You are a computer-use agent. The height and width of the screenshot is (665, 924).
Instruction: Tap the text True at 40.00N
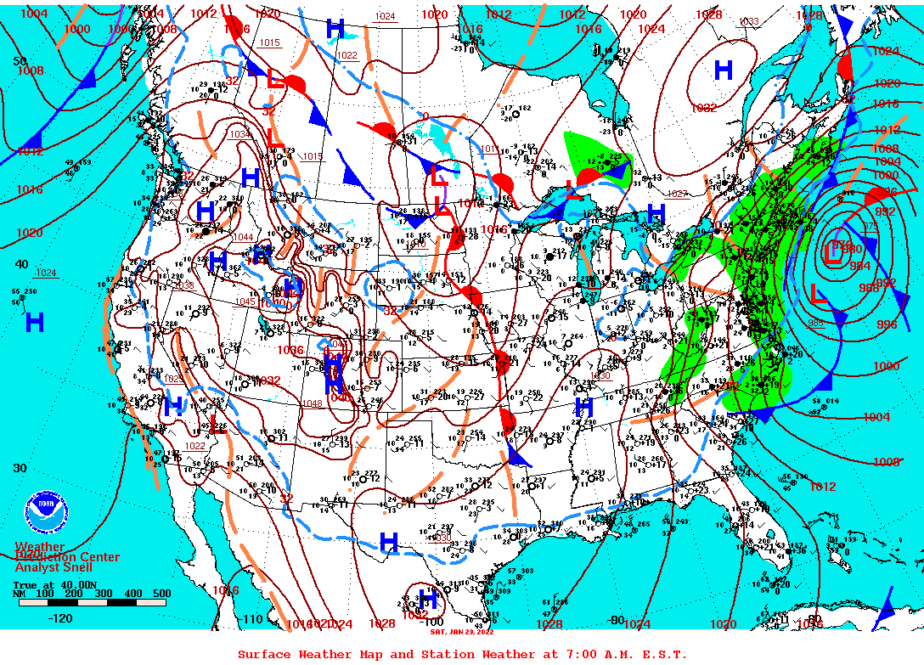click(x=54, y=585)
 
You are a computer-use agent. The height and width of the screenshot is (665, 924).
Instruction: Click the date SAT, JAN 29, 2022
click(x=462, y=632)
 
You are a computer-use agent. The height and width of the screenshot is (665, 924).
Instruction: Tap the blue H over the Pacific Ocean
click(x=35, y=322)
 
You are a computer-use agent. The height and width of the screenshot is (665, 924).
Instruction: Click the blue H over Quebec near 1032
click(x=724, y=70)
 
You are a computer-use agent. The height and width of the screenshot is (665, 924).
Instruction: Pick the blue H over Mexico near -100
click(x=427, y=600)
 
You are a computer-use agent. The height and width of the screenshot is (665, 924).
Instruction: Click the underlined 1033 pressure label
click(x=748, y=22)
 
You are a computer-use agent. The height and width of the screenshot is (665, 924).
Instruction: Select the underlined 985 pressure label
click(x=816, y=323)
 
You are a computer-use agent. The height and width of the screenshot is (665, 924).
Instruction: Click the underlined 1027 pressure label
click(x=677, y=194)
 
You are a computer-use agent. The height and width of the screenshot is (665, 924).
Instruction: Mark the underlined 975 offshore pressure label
click(x=870, y=226)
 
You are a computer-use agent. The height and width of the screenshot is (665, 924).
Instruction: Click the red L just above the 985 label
click(x=819, y=296)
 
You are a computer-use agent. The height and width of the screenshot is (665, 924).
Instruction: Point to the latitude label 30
click(x=20, y=468)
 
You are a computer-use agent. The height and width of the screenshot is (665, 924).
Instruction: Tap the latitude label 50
click(x=20, y=61)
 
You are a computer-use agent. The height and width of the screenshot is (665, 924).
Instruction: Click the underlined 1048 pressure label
click(x=312, y=403)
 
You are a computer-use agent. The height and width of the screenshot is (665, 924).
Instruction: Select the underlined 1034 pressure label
click(x=240, y=134)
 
